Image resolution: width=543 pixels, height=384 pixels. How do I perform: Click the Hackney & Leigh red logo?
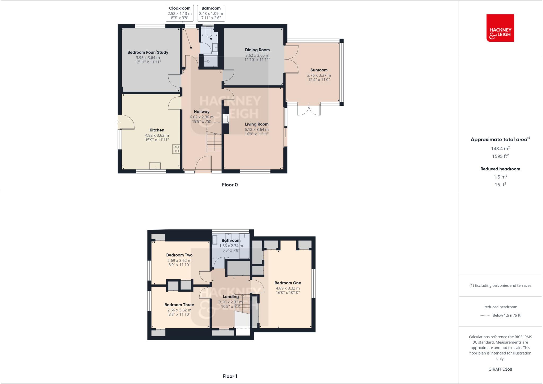(500, 28)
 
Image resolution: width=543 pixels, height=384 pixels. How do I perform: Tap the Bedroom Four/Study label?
(148, 52)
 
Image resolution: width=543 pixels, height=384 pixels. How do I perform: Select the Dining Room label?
(257, 50)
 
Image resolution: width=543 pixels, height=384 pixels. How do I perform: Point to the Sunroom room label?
(319, 70)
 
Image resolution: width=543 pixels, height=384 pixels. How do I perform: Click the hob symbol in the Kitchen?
(176, 149)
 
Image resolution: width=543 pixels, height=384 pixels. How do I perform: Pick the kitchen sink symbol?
(155, 166)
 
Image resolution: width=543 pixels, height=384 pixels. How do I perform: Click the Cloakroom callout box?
(179, 13)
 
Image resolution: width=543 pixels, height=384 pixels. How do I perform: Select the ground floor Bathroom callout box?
(211, 13)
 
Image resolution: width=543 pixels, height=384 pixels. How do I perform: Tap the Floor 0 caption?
(230, 185)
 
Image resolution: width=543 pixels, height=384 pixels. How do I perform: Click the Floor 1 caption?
(230, 376)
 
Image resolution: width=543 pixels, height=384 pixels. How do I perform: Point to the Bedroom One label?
(288, 283)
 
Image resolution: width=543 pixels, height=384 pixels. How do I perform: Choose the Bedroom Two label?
(179, 255)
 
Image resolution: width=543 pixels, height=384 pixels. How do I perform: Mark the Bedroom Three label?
(179, 305)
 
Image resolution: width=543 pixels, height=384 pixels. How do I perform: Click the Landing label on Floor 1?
(231, 297)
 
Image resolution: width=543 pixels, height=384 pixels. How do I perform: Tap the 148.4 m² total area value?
(500, 148)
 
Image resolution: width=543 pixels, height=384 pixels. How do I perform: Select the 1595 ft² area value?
(500, 156)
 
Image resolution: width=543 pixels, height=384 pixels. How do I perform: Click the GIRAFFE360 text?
(500, 369)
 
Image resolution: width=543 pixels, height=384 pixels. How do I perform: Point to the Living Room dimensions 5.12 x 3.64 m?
(256, 130)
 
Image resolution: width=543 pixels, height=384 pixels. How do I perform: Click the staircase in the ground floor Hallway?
(214, 142)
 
